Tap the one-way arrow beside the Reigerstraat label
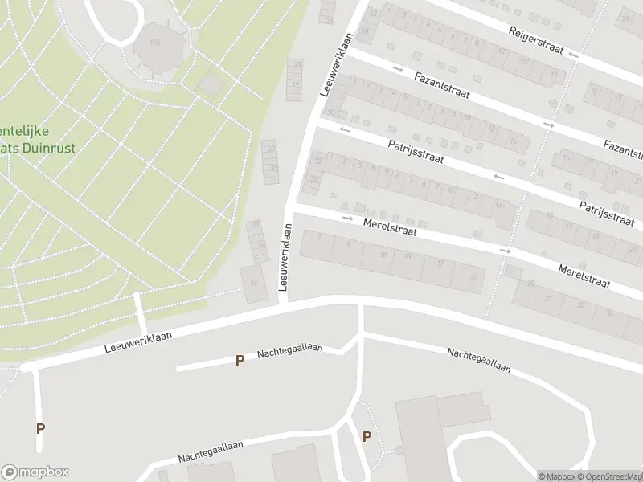tap(572, 55)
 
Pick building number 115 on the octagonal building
tap(155, 42)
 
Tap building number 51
tap(255, 282)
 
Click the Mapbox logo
tap(35, 472)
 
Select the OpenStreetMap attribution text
tap(609, 476)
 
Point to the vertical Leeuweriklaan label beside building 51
tap(283, 258)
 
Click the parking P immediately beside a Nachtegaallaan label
tap(239, 361)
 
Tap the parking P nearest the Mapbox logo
tap(40, 428)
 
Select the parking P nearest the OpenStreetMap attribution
tap(367, 437)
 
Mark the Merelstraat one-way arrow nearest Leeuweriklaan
tap(348, 219)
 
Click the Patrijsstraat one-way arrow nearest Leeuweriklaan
tap(346, 129)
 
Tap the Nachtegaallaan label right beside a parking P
tap(289, 351)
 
